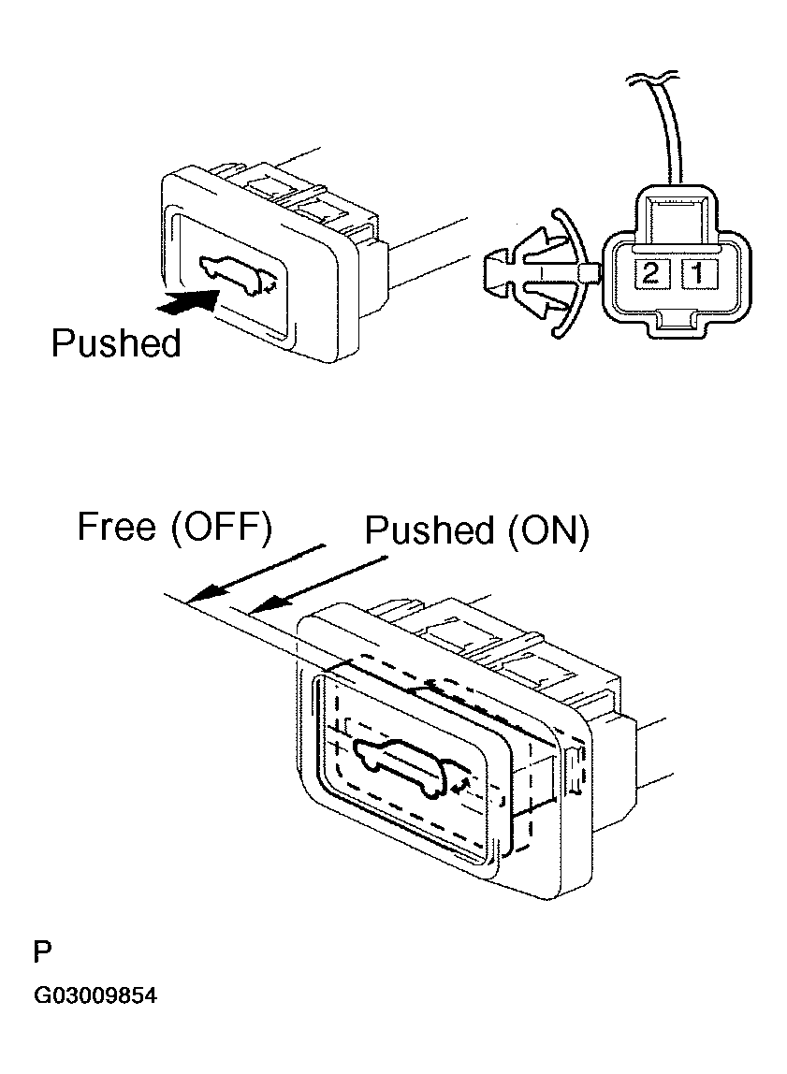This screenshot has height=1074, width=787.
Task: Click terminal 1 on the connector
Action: [697, 274]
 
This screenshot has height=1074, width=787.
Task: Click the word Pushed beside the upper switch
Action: [116, 343]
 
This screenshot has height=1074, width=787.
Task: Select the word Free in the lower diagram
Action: [117, 527]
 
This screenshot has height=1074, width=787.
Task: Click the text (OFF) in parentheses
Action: [221, 528]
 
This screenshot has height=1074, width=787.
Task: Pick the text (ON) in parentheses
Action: [548, 530]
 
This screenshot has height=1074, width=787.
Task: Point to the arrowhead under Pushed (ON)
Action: [267, 602]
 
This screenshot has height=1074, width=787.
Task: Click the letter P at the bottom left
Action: [42, 951]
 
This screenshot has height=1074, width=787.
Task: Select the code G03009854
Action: [95, 994]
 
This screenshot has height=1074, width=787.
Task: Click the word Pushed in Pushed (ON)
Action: [429, 530]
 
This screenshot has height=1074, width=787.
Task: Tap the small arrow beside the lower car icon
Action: [461, 784]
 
